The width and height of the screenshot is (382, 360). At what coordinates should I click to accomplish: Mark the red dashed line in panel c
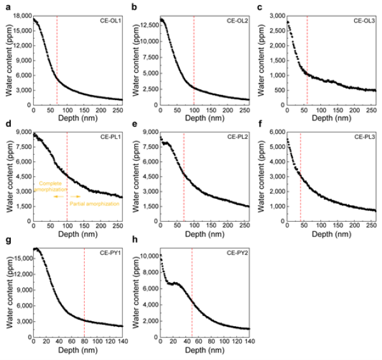[308, 57]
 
